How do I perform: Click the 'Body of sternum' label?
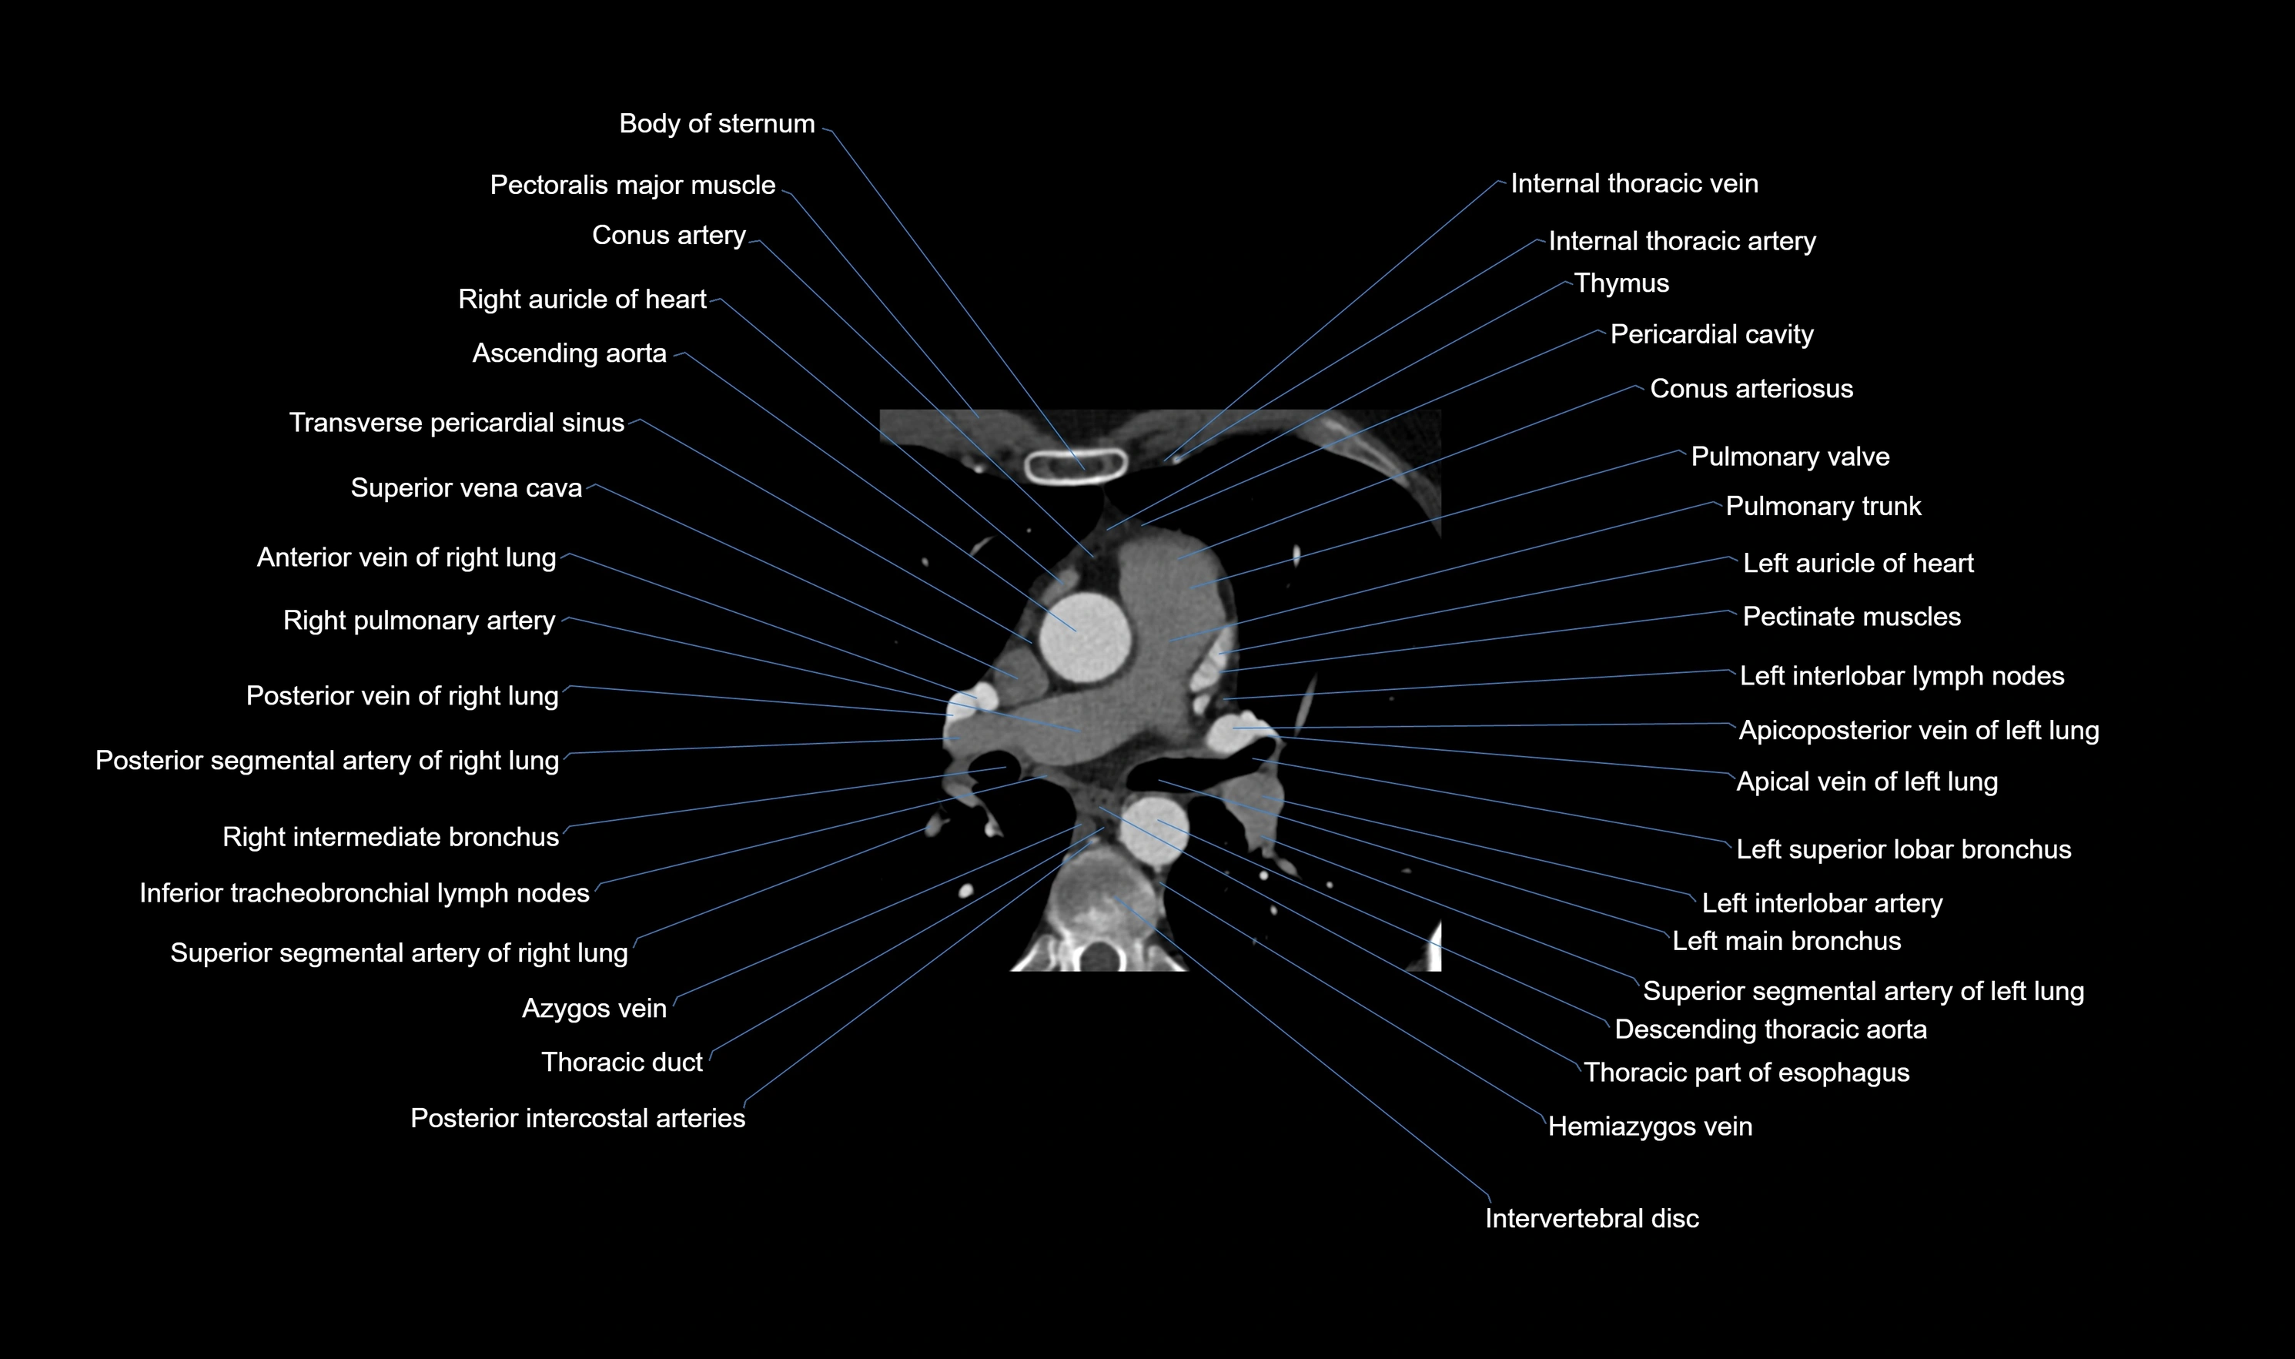click(x=716, y=124)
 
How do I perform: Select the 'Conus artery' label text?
click(x=668, y=236)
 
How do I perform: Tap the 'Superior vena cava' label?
click(x=466, y=488)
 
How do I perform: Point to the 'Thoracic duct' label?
click(x=621, y=1063)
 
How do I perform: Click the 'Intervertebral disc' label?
click(x=1591, y=1219)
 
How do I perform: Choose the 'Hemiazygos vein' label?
click(x=1650, y=1126)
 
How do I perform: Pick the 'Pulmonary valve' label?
click(x=1790, y=457)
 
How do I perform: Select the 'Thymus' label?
click(x=1621, y=283)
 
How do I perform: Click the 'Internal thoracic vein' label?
click(x=1634, y=184)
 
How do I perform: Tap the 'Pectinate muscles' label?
click(x=1851, y=618)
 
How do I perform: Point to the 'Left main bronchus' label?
click(x=1786, y=942)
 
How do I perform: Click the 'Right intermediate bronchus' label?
click(x=390, y=837)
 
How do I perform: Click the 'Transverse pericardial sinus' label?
click(x=456, y=423)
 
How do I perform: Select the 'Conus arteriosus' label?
click(x=1751, y=389)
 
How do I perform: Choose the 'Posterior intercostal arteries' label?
click(x=577, y=1118)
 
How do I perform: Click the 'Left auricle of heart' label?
click(x=1858, y=563)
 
